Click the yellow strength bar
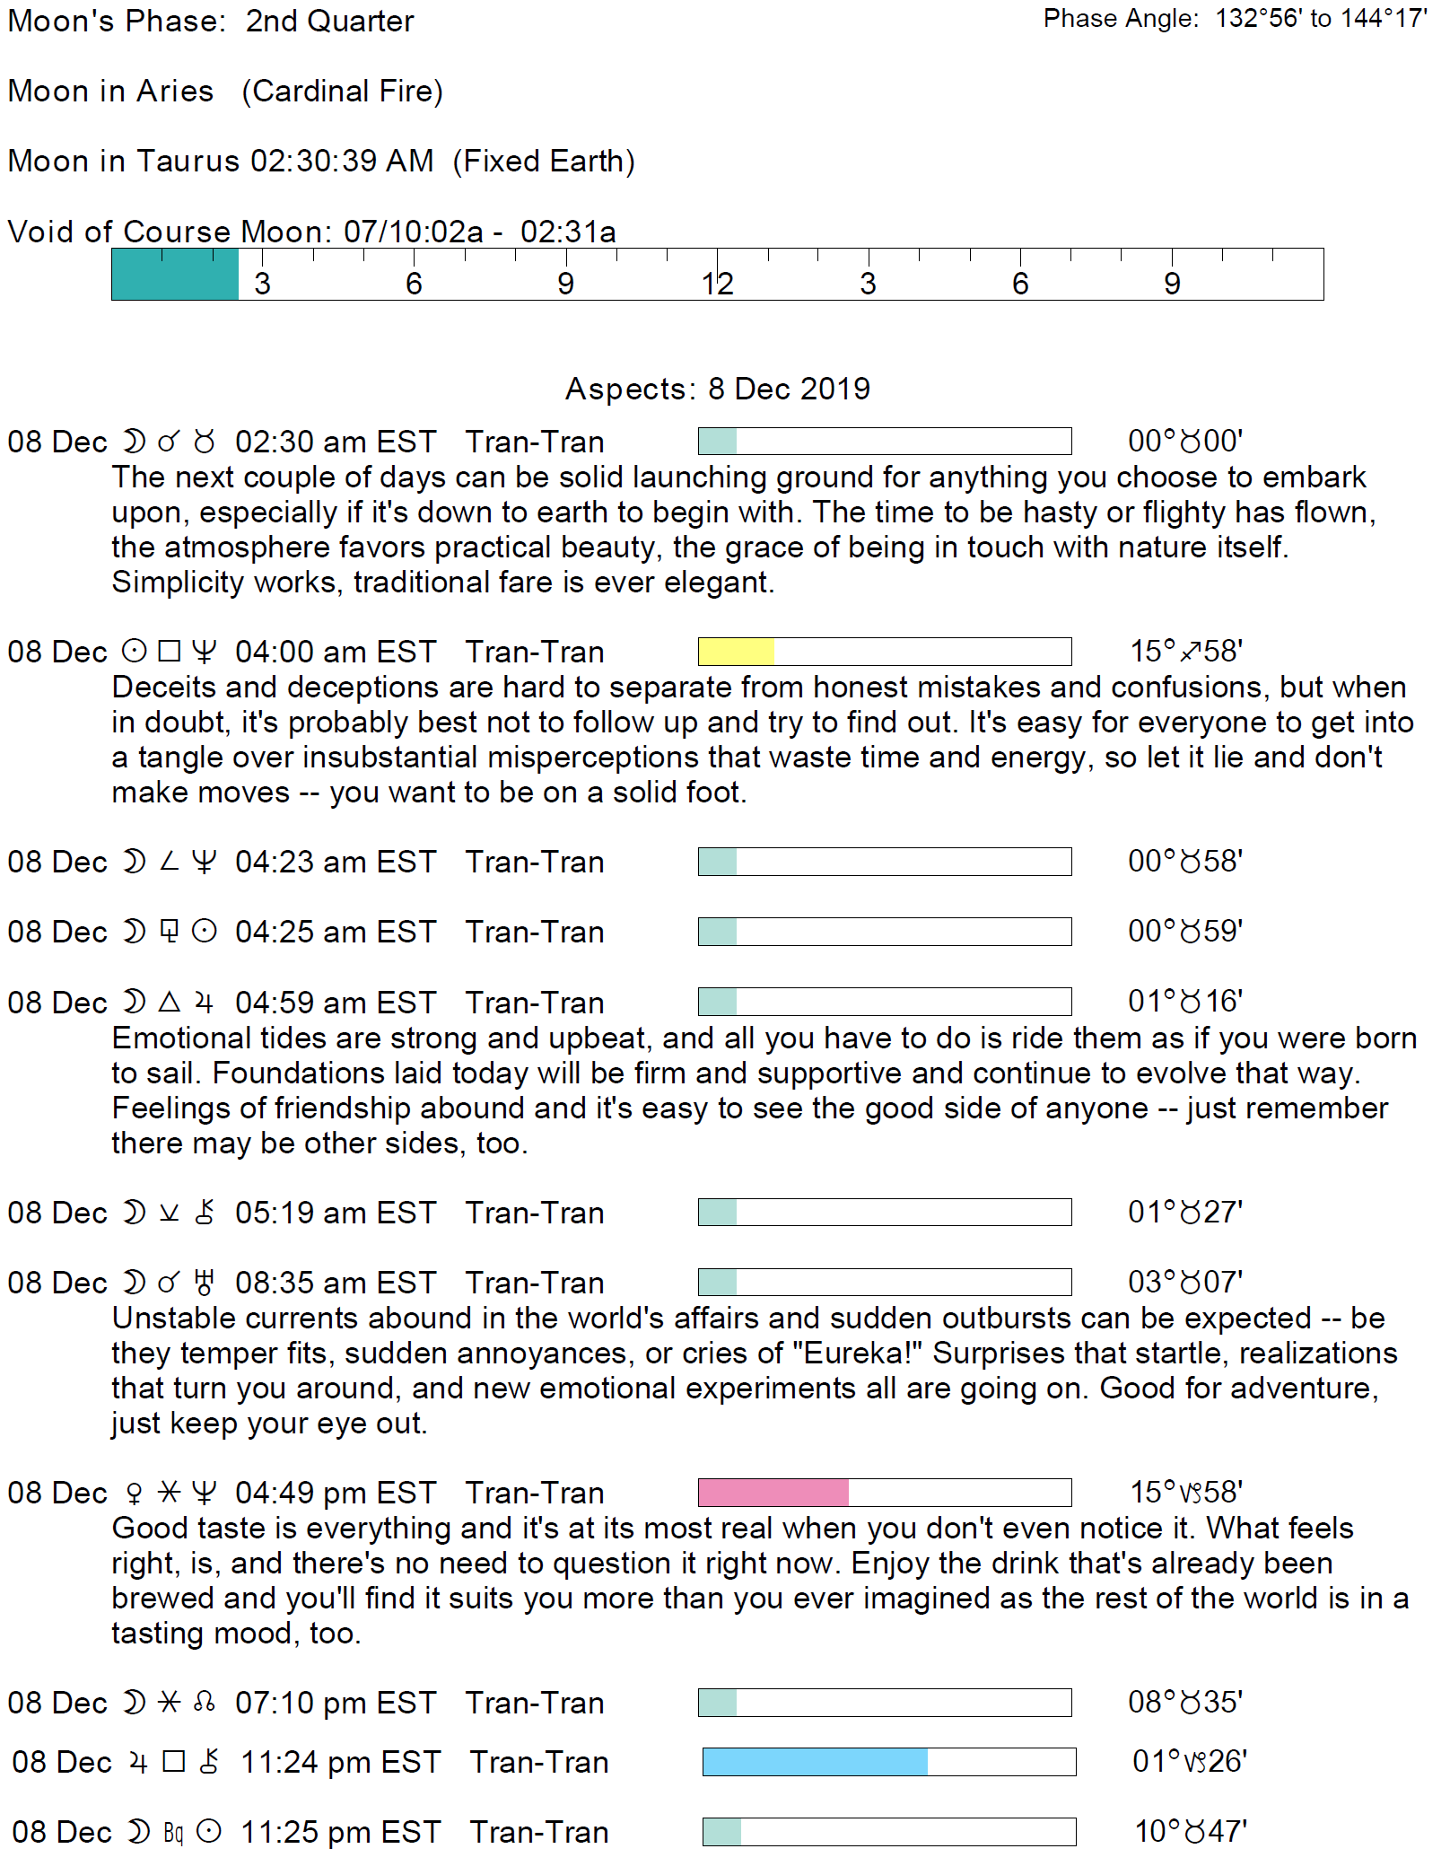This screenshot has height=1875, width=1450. (x=737, y=652)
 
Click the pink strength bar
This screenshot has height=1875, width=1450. (x=773, y=1493)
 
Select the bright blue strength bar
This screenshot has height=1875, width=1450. (x=815, y=1762)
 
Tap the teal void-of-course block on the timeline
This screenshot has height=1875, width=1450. (x=175, y=275)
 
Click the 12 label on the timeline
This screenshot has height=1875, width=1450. (x=718, y=284)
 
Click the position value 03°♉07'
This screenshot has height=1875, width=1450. (x=1185, y=1282)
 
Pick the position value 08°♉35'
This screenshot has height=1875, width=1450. (x=1185, y=1702)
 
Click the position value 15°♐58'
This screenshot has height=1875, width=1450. (x=1185, y=651)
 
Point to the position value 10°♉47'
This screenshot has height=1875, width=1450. (x=1191, y=1831)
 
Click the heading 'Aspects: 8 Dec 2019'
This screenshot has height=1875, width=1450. (x=717, y=389)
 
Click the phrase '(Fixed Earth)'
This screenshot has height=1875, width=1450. (x=544, y=162)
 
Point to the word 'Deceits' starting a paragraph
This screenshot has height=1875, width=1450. (x=163, y=688)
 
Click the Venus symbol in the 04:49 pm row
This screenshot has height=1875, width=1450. (x=135, y=1494)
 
